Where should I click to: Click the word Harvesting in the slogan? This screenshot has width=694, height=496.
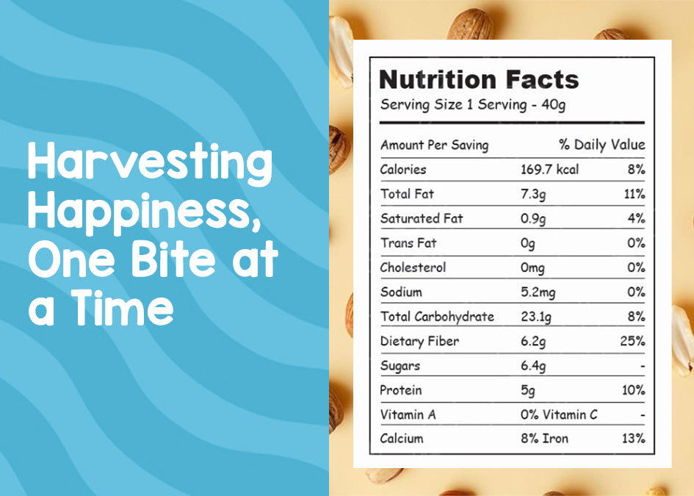click(x=150, y=163)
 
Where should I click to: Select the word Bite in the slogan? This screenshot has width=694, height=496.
click(x=173, y=259)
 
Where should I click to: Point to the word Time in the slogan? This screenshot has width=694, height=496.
click(x=122, y=307)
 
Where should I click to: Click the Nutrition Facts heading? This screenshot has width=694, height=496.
click(x=479, y=79)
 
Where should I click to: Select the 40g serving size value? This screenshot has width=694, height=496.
click(x=553, y=105)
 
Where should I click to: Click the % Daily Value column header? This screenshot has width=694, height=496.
click(x=602, y=144)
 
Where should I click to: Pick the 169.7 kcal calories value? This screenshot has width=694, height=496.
click(x=549, y=169)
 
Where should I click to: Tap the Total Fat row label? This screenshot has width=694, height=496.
click(x=407, y=193)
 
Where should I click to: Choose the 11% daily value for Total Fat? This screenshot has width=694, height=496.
click(x=635, y=193)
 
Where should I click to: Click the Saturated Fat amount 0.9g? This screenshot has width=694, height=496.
click(x=533, y=219)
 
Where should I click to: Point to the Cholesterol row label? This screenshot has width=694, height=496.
click(x=413, y=267)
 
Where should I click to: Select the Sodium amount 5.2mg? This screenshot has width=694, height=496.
click(x=538, y=292)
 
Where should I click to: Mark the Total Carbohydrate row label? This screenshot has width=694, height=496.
click(x=437, y=317)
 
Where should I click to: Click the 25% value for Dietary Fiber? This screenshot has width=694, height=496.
click(x=632, y=341)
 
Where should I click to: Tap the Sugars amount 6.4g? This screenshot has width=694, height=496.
click(x=533, y=366)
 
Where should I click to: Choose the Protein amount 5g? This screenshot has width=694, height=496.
click(x=527, y=391)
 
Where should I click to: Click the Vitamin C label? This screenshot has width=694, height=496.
click(x=570, y=414)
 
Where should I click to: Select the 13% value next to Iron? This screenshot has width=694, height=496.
click(x=633, y=439)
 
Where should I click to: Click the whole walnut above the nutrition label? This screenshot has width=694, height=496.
click(x=470, y=24)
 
